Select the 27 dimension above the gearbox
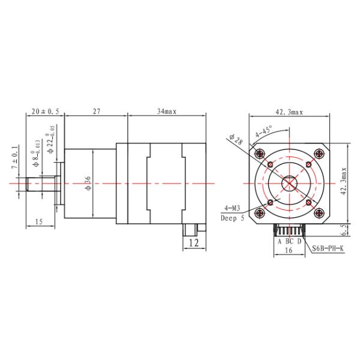pyautogui.click(x=95, y=112)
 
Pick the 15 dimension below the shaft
pyautogui.click(x=39, y=222)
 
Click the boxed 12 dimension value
pyautogui.click(x=193, y=242)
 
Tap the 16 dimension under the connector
pyautogui.click(x=289, y=251)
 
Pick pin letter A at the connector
pyautogui.click(x=279, y=241)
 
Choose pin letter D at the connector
pyautogui.click(x=299, y=241)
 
